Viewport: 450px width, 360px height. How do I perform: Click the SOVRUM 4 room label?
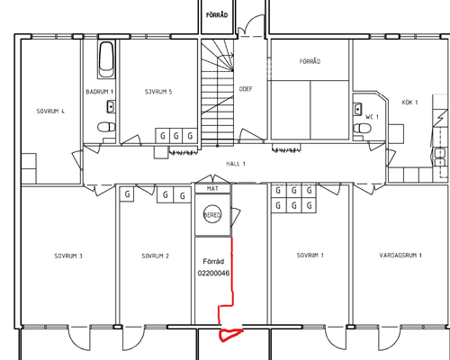(50, 112)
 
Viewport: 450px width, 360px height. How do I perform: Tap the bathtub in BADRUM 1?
(106, 59)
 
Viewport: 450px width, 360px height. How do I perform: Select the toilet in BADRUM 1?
(106, 127)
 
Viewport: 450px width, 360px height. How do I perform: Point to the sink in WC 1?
(357, 109)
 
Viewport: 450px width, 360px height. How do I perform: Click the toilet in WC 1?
(363, 129)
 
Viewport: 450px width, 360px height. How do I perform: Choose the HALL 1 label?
(236, 164)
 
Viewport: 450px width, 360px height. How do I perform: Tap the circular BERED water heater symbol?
(212, 214)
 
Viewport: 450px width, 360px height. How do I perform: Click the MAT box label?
(212, 189)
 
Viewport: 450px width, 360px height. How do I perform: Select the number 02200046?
(213, 273)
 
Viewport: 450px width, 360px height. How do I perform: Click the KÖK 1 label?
(409, 103)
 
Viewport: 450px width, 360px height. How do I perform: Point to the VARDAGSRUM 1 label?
(400, 256)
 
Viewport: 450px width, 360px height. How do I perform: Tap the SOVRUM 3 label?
(68, 256)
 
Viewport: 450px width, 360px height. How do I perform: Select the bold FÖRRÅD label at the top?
(217, 14)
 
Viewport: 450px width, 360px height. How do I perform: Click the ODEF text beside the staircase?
(246, 89)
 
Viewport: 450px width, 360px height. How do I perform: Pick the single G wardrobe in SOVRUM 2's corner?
(127, 194)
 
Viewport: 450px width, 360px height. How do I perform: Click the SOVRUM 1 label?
(310, 256)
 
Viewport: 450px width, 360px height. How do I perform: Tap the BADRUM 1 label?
(99, 92)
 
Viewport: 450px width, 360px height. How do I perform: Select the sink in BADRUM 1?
(112, 106)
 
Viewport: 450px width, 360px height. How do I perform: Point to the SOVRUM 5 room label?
(158, 92)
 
